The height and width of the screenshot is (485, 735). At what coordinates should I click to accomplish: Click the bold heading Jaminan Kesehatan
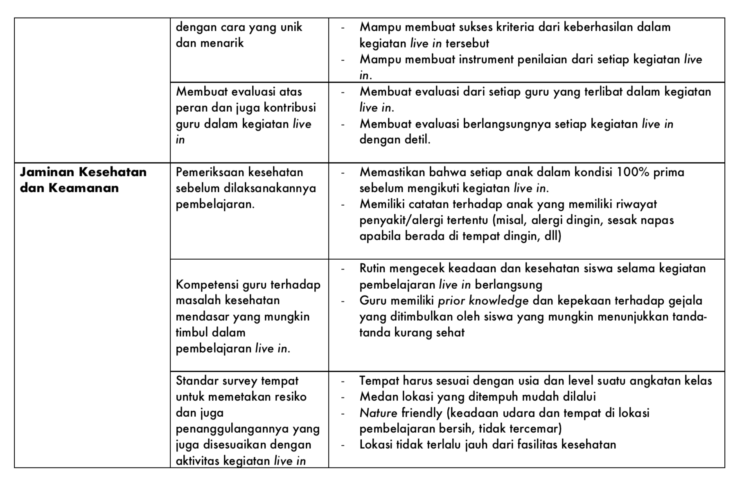83,172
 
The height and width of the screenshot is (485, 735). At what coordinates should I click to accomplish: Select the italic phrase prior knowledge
483,301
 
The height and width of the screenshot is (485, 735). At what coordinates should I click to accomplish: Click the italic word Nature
378,413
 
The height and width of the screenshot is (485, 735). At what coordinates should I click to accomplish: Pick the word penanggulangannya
233,429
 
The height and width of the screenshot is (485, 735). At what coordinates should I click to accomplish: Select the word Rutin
372,269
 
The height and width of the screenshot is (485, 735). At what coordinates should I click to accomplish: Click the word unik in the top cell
291,27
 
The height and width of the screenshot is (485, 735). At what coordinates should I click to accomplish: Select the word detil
417,140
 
